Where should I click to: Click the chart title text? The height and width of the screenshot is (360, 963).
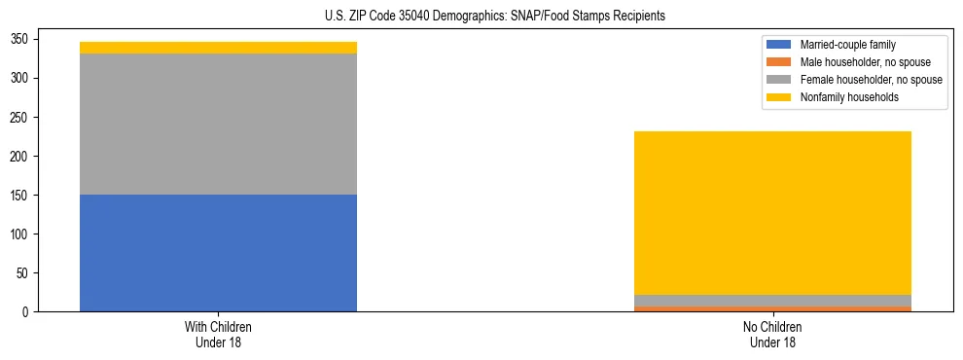(495, 17)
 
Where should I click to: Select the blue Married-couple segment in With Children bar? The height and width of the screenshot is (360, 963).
(218, 253)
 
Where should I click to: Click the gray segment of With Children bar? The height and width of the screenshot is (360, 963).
(218, 124)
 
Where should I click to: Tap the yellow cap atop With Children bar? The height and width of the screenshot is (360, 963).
(218, 48)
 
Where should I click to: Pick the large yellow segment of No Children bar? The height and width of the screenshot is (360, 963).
(772, 212)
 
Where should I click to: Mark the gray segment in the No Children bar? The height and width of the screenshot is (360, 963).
(772, 301)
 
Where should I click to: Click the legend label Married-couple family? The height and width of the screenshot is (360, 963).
(848, 45)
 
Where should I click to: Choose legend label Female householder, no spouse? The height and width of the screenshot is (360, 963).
(871, 80)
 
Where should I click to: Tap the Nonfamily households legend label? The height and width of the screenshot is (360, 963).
(849, 97)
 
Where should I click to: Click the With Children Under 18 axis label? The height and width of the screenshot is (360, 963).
(218, 334)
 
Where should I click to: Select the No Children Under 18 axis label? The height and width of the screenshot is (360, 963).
(772, 334)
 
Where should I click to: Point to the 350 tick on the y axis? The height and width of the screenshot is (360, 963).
(18, 39)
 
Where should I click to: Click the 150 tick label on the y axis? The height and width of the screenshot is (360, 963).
(18, 195)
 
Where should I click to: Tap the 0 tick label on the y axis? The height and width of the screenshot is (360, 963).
(23, 312)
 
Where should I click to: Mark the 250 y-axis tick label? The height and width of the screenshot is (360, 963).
(18, 117)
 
